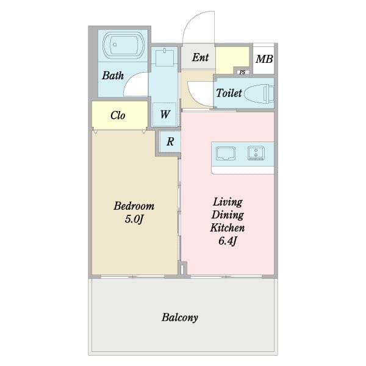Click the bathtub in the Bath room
(123, 45)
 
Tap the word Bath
(113, 76)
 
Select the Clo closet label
(118, 115)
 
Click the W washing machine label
(165, 115)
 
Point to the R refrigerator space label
(170, 142)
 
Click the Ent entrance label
(200, 57)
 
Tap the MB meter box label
(264, 59)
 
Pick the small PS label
(242, 73)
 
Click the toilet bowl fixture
(259, 94)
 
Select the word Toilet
(229, 93)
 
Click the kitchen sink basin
(226, 153)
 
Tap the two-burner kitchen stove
(256, 153)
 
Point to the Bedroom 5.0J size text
(134, 219)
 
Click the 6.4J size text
(228, 241)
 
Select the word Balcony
(180, 317)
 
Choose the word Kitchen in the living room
(228, 228)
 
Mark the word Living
(228, 202)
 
